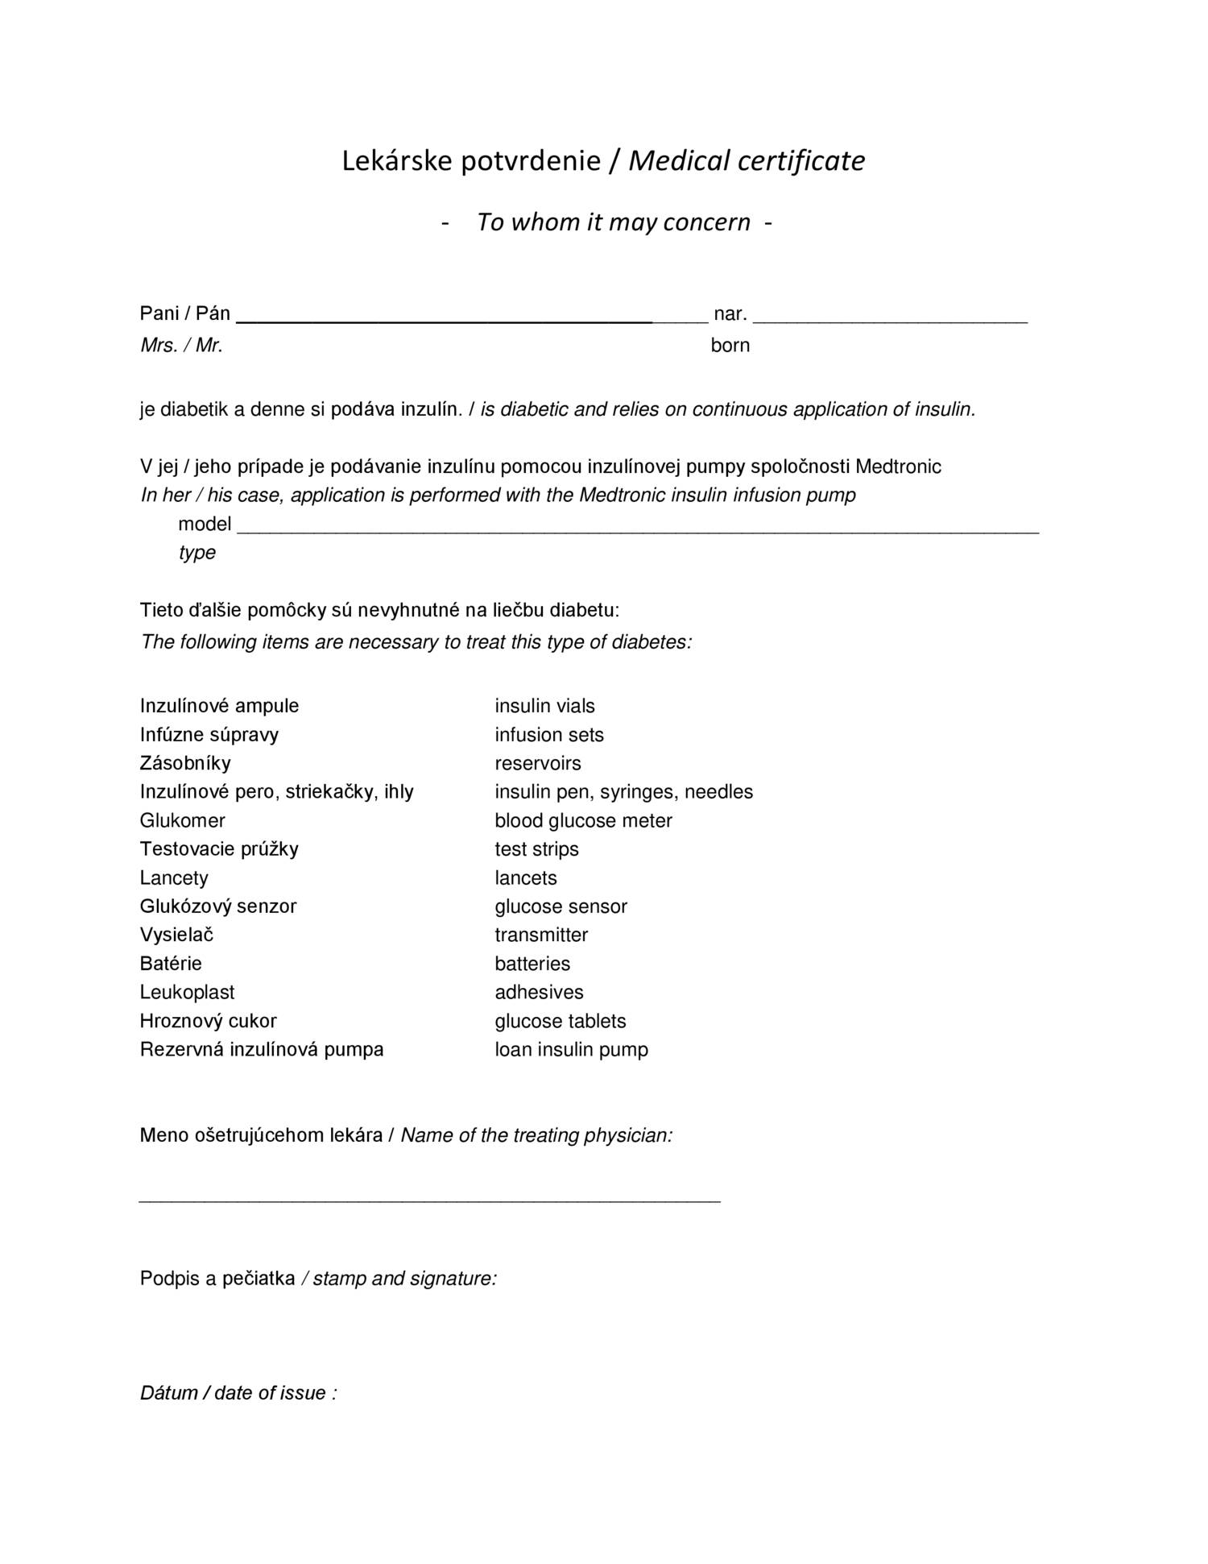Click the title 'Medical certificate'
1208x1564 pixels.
point(746,161)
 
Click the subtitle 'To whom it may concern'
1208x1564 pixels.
point(613,222)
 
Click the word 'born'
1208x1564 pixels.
point(730,346)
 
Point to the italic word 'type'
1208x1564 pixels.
point(197,553)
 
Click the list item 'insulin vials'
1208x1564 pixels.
point(544,706)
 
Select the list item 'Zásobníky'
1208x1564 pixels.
point(185,763)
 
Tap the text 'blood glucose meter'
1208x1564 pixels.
point(583,820)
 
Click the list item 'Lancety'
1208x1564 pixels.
point(174,877)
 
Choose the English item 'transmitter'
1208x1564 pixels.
point(541,935)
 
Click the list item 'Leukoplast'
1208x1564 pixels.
point(187,992)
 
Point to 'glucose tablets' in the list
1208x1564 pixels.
point(560,1021)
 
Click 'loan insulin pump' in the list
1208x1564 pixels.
point(571,1049)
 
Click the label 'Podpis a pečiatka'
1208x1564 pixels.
point(217,1279)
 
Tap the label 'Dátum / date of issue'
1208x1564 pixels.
point(238,1393)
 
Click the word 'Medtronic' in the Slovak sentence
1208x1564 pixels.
point(898,467)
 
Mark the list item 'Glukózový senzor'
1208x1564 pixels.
point(218,906)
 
